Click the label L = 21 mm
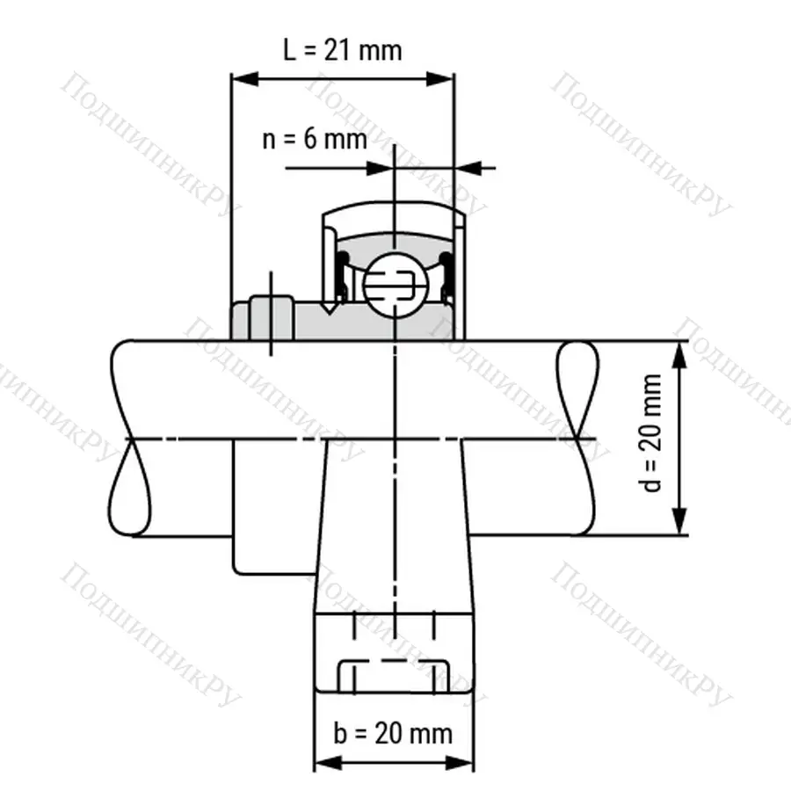pyautogui.click(x=343, y=49)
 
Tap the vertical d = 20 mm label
pyautogui.click(x=652, y=433)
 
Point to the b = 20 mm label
pyautogui.click(x=393, y=732)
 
